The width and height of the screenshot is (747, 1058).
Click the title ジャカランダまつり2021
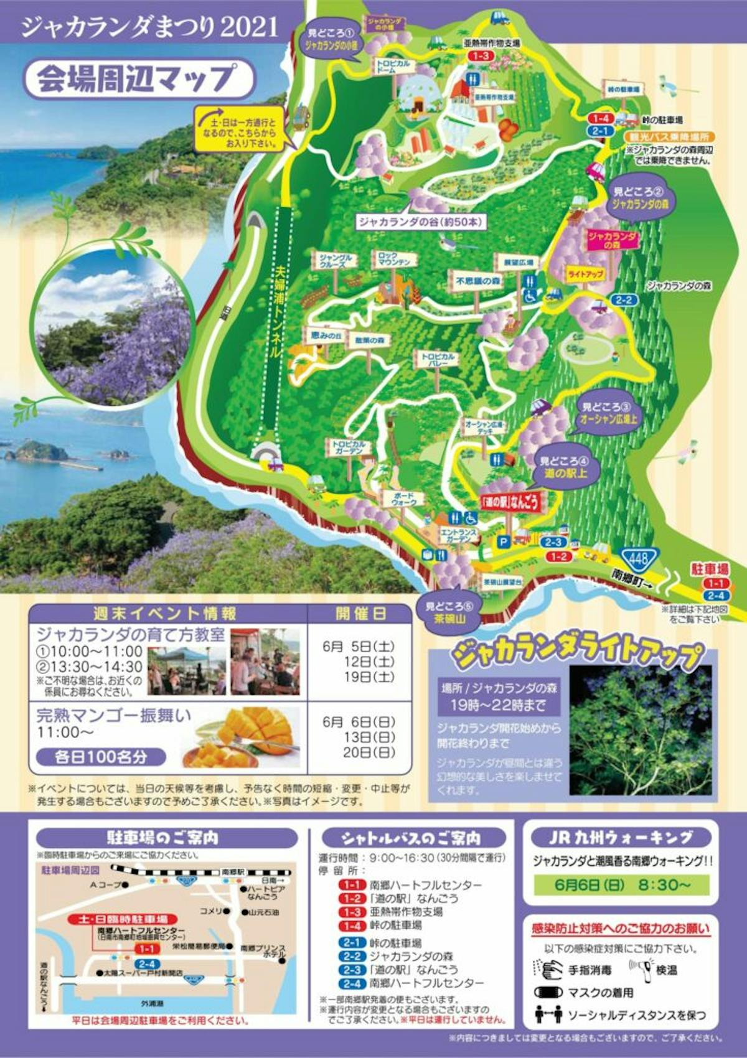[x=149, y=27]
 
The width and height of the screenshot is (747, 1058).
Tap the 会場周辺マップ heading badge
[x=138, y=79]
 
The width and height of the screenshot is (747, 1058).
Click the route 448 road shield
[x=637, y=558]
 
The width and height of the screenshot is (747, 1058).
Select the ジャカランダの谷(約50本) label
[x=421, y=222]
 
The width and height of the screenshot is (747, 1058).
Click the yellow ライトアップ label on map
[x=585, y=274]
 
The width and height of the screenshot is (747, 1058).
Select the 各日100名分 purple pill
[x=101, y=757]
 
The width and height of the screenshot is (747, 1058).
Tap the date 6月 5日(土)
[x=359, y=647]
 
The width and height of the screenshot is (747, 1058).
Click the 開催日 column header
[x=361, y=614]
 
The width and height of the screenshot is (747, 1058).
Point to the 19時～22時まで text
[x=499, y=705]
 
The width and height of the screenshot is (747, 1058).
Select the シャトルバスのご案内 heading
[x=411, y=838]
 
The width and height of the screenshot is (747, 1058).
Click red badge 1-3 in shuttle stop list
[x=352, y=912]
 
